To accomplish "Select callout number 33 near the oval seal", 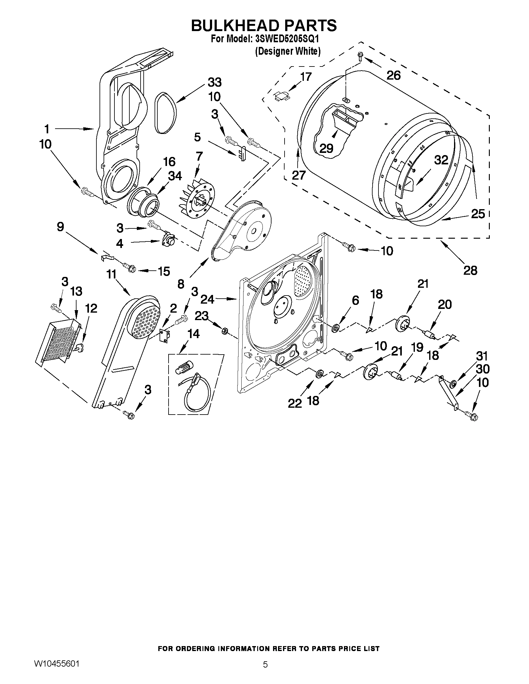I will (215, 82).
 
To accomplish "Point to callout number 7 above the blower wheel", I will (199, 156).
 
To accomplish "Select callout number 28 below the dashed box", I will (470, 270).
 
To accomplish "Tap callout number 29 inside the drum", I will (326, 148).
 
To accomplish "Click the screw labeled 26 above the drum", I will (360, 57).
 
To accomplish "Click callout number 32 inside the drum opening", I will (441, 160).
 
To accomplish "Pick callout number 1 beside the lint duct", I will (47, 129).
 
